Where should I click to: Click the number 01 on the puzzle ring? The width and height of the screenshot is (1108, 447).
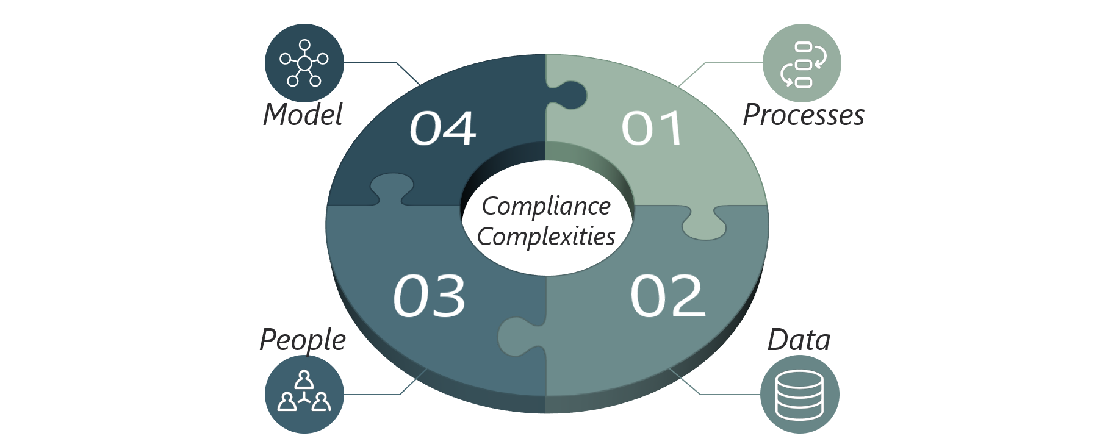click(x=652, y=129)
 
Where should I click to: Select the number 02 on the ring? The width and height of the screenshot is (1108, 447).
click(x=667, y=296)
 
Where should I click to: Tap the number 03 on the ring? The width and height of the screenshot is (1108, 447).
click(x=429, y=296)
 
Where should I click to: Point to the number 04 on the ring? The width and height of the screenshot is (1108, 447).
click(x=442, y=129)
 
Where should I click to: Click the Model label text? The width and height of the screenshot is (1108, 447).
click(x=303, y=115)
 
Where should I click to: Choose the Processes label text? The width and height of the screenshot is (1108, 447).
click(x=804, y=115)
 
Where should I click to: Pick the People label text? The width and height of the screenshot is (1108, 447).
click(x=303, y=340)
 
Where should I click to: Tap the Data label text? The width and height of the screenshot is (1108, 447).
click(x=799, y=340)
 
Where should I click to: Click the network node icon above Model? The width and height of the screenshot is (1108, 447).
click(x=304, y=63)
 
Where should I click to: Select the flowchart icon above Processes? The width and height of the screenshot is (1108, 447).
click(x=802, y=63)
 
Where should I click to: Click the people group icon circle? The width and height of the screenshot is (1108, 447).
click(x=304, y=394)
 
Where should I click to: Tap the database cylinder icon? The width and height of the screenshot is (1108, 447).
click(x=799, y=394)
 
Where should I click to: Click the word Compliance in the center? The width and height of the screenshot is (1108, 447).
click(x=546, y=207)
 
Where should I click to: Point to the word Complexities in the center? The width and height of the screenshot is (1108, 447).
click(x=546, y=237)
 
